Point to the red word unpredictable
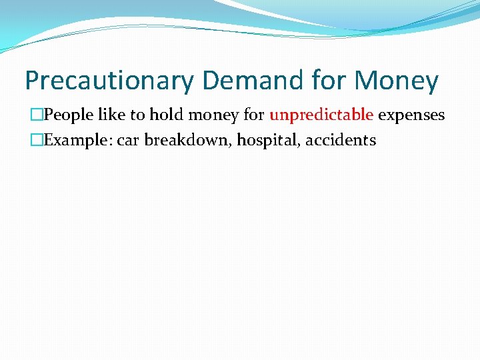[321, 115]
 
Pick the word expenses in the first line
[411, 115]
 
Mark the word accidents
[341, 141]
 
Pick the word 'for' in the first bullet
[254, 115]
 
